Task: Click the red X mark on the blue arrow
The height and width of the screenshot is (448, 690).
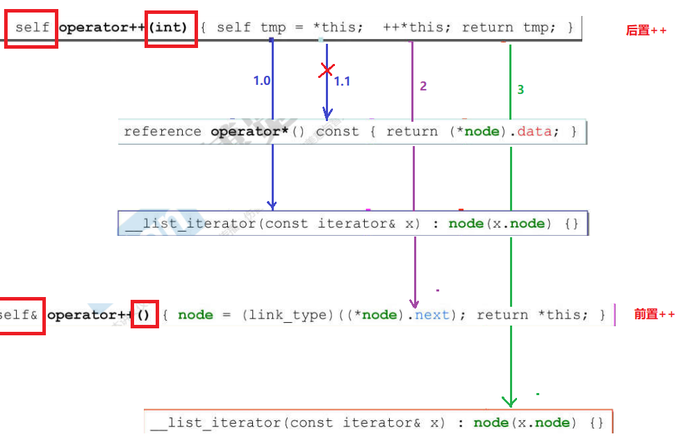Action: (327, 70)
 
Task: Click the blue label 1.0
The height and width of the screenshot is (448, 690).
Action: (261, 81)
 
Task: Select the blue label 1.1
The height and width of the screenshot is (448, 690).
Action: (342, 81)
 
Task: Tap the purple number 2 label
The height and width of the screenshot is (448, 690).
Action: (423, 86)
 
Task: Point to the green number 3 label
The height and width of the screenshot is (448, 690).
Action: (520, 90)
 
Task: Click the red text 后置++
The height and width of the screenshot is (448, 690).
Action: (646, 31)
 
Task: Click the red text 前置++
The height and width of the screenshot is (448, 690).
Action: (654, 314)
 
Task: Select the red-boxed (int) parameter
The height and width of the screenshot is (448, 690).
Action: (170, 28)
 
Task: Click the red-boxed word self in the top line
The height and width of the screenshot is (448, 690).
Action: (32, 28)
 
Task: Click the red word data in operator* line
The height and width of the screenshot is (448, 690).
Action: (534, 131)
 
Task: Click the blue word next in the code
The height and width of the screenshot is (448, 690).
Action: (432, 315)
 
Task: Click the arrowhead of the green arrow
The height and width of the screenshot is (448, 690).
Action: (509, 401)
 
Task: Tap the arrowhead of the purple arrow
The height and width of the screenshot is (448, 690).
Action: (415, 303)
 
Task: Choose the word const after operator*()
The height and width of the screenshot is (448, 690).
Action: (338, 131)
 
